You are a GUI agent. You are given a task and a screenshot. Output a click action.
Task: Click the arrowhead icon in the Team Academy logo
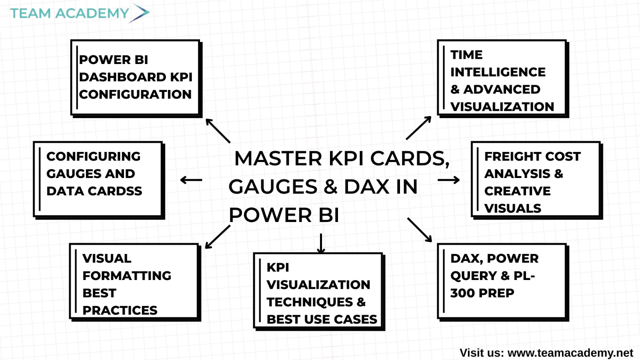[x=140, y=13]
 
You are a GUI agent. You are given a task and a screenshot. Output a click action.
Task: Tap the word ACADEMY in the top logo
[x=92, y=14]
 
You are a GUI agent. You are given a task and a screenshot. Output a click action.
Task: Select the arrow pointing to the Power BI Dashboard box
[x=218, y=130]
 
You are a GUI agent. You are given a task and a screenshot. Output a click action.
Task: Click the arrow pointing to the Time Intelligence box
[x=418, y=128]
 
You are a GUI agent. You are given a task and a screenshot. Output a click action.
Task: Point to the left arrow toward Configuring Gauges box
[x=191, y=180]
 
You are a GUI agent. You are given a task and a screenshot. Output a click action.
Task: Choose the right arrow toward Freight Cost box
[x=448, y=180]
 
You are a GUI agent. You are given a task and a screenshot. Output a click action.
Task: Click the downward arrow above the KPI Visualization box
[x=321, y=244]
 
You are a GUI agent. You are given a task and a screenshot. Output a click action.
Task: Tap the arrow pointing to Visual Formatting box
[x=218, y=237]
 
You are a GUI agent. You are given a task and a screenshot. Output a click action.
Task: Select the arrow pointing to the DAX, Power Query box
[x=420, y=230]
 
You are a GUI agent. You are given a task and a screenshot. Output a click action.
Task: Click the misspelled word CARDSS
[x=114, y=191]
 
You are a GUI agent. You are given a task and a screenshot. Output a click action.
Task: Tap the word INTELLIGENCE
[x=498, y=72]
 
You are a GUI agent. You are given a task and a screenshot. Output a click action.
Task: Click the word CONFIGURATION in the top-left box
[x=135, y=94]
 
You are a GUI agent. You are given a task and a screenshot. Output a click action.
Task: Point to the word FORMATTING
[x=127, y=276]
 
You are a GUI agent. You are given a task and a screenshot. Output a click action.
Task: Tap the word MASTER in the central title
[x=278, y=158]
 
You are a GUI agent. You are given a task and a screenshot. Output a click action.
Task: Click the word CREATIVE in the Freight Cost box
[x=518, y=191]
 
